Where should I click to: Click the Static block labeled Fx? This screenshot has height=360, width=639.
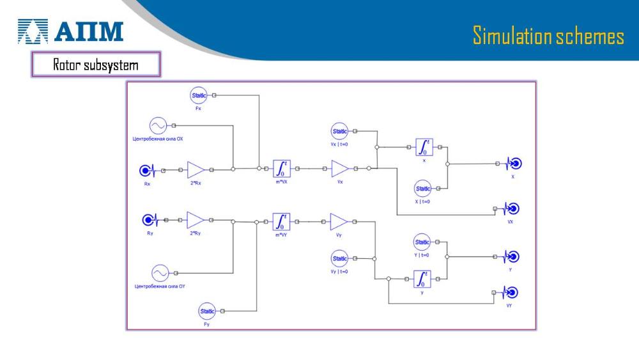coord(199,96)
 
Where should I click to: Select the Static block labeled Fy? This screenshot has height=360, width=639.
coord(208,311)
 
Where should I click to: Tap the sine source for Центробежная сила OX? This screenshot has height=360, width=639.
coord(157,125)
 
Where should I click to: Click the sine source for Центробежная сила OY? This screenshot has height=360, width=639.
coord(160,273)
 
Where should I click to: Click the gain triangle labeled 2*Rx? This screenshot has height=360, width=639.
coord(196,170)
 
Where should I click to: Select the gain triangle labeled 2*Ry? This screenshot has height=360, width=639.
coord(195,220)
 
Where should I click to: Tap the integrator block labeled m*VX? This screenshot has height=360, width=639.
coord(281,169)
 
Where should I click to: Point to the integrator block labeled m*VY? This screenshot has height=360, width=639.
coord(281,222)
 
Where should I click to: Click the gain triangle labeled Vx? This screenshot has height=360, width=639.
coord(340,169)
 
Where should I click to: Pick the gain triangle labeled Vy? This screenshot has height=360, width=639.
coord(339,222)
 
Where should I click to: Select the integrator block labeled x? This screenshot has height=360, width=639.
coord(424,148)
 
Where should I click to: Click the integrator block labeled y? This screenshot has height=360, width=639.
coord(422,279)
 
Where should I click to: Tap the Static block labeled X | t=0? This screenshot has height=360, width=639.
coord(423,189)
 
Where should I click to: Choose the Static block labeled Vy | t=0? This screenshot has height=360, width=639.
coord(340,258)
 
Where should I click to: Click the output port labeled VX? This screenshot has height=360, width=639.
coord(511,209)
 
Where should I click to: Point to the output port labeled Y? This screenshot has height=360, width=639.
coord(511,256)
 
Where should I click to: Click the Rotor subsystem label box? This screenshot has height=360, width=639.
coord(95,65)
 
